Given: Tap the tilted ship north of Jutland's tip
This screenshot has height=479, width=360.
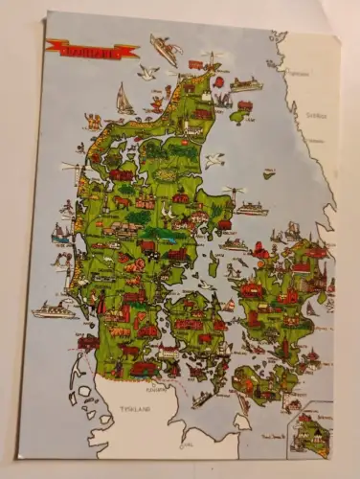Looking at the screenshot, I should pyautogui.click(x=165, y=49).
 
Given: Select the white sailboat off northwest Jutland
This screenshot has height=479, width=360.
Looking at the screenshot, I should pyautogui.click(x=124, y=99).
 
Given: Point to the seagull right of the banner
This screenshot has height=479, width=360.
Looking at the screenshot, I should pyautogui.click(x=147, y=73).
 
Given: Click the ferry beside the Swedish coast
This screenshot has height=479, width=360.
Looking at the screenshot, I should pyautogui.click(x=245, y=84).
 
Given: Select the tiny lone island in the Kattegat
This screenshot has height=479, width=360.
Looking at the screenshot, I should pyautogui.click(x=269, y=173).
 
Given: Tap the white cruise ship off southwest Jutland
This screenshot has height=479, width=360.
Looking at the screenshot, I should pyautogui.click(x=55, y=309).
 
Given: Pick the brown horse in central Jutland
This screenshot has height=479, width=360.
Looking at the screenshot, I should pyautogui.click(x=123, y=203).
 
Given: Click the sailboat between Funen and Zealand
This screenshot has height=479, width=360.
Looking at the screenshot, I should pyautogui.click(x=229, y=306).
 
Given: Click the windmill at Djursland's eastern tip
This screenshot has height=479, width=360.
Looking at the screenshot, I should pyautogui.click(x=234, y=193).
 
